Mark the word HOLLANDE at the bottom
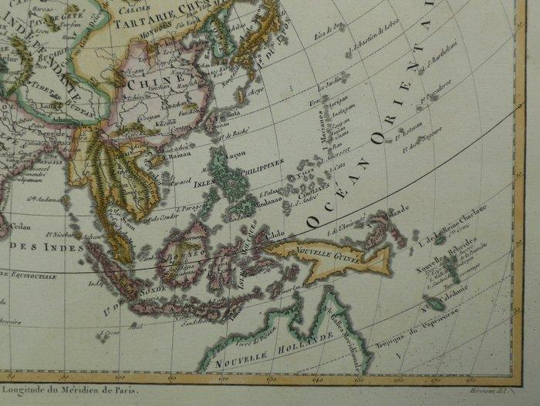310,343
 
